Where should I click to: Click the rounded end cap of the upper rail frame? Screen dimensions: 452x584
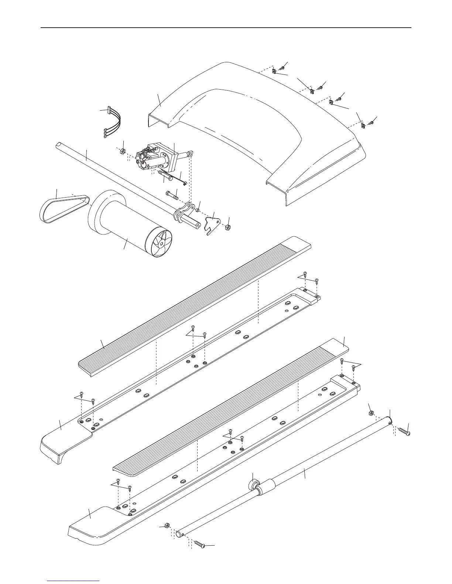tap(63, 442)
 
